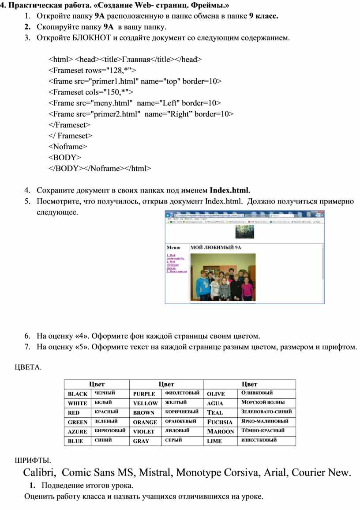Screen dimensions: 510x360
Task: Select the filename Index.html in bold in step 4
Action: coord(229,190)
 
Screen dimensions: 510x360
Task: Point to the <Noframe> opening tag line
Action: coord(67,146)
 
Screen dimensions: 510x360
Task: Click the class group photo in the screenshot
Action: coord(223,277)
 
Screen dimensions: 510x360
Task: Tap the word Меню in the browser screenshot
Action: coord(173,248)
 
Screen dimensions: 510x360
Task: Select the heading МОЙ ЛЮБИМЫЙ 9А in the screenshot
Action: coord(216,248)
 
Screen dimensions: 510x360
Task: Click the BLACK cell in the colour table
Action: coord(78,394)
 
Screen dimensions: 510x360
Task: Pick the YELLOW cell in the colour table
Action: coord(145,403)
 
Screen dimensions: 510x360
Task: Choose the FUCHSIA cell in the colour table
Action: coord(220,422)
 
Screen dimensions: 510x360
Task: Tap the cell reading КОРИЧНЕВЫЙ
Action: coord(182,412)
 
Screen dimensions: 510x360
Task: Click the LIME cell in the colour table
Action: coord(214,441)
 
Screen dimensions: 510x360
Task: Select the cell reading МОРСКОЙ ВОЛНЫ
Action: coord(263,402)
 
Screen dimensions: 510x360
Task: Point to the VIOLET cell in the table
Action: coord(144,431)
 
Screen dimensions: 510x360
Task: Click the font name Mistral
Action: coord(156,472)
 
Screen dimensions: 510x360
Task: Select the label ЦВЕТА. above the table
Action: coord(28,367)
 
